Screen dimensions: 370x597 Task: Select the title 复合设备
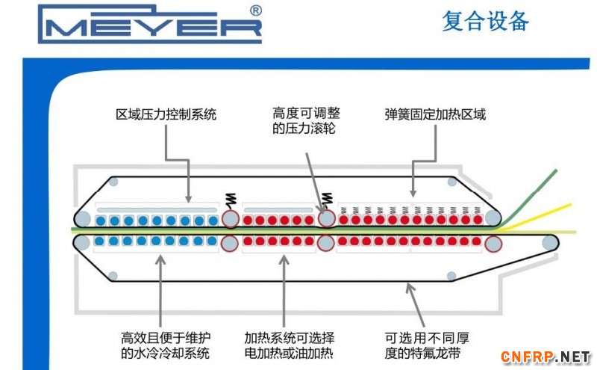coord(485,22)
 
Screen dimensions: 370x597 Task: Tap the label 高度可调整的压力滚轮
coord(306,121)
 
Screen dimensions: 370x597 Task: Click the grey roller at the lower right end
coord(550,243)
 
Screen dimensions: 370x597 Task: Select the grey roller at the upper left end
coord(83,219)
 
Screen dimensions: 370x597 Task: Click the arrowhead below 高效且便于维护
coord(160,257)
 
